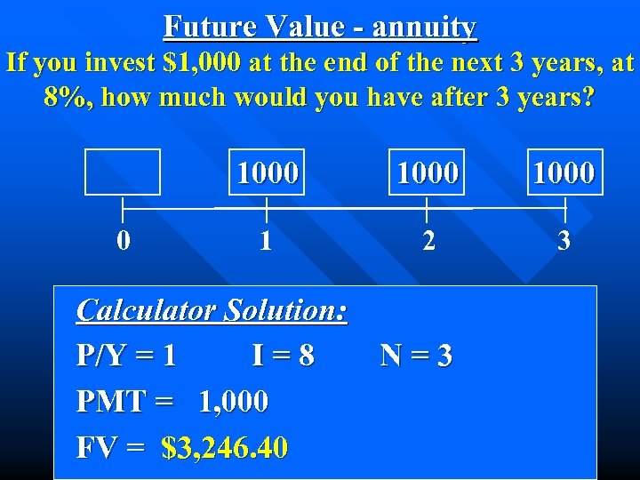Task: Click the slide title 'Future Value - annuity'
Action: [320, 27]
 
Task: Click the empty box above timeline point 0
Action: [123, 172]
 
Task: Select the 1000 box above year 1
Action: [267, 172]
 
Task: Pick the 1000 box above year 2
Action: [428, 172]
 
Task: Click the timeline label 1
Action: [266, 241]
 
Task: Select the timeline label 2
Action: [428, 241]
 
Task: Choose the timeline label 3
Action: [564, 241]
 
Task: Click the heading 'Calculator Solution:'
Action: [212, 310]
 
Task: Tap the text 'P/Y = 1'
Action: [126, 356]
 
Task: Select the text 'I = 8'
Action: [283, 356]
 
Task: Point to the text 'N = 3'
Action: [416, 356]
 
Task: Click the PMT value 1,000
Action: [233, 402]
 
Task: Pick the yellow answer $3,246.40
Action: [225, 447]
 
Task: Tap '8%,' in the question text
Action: [68, 97]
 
